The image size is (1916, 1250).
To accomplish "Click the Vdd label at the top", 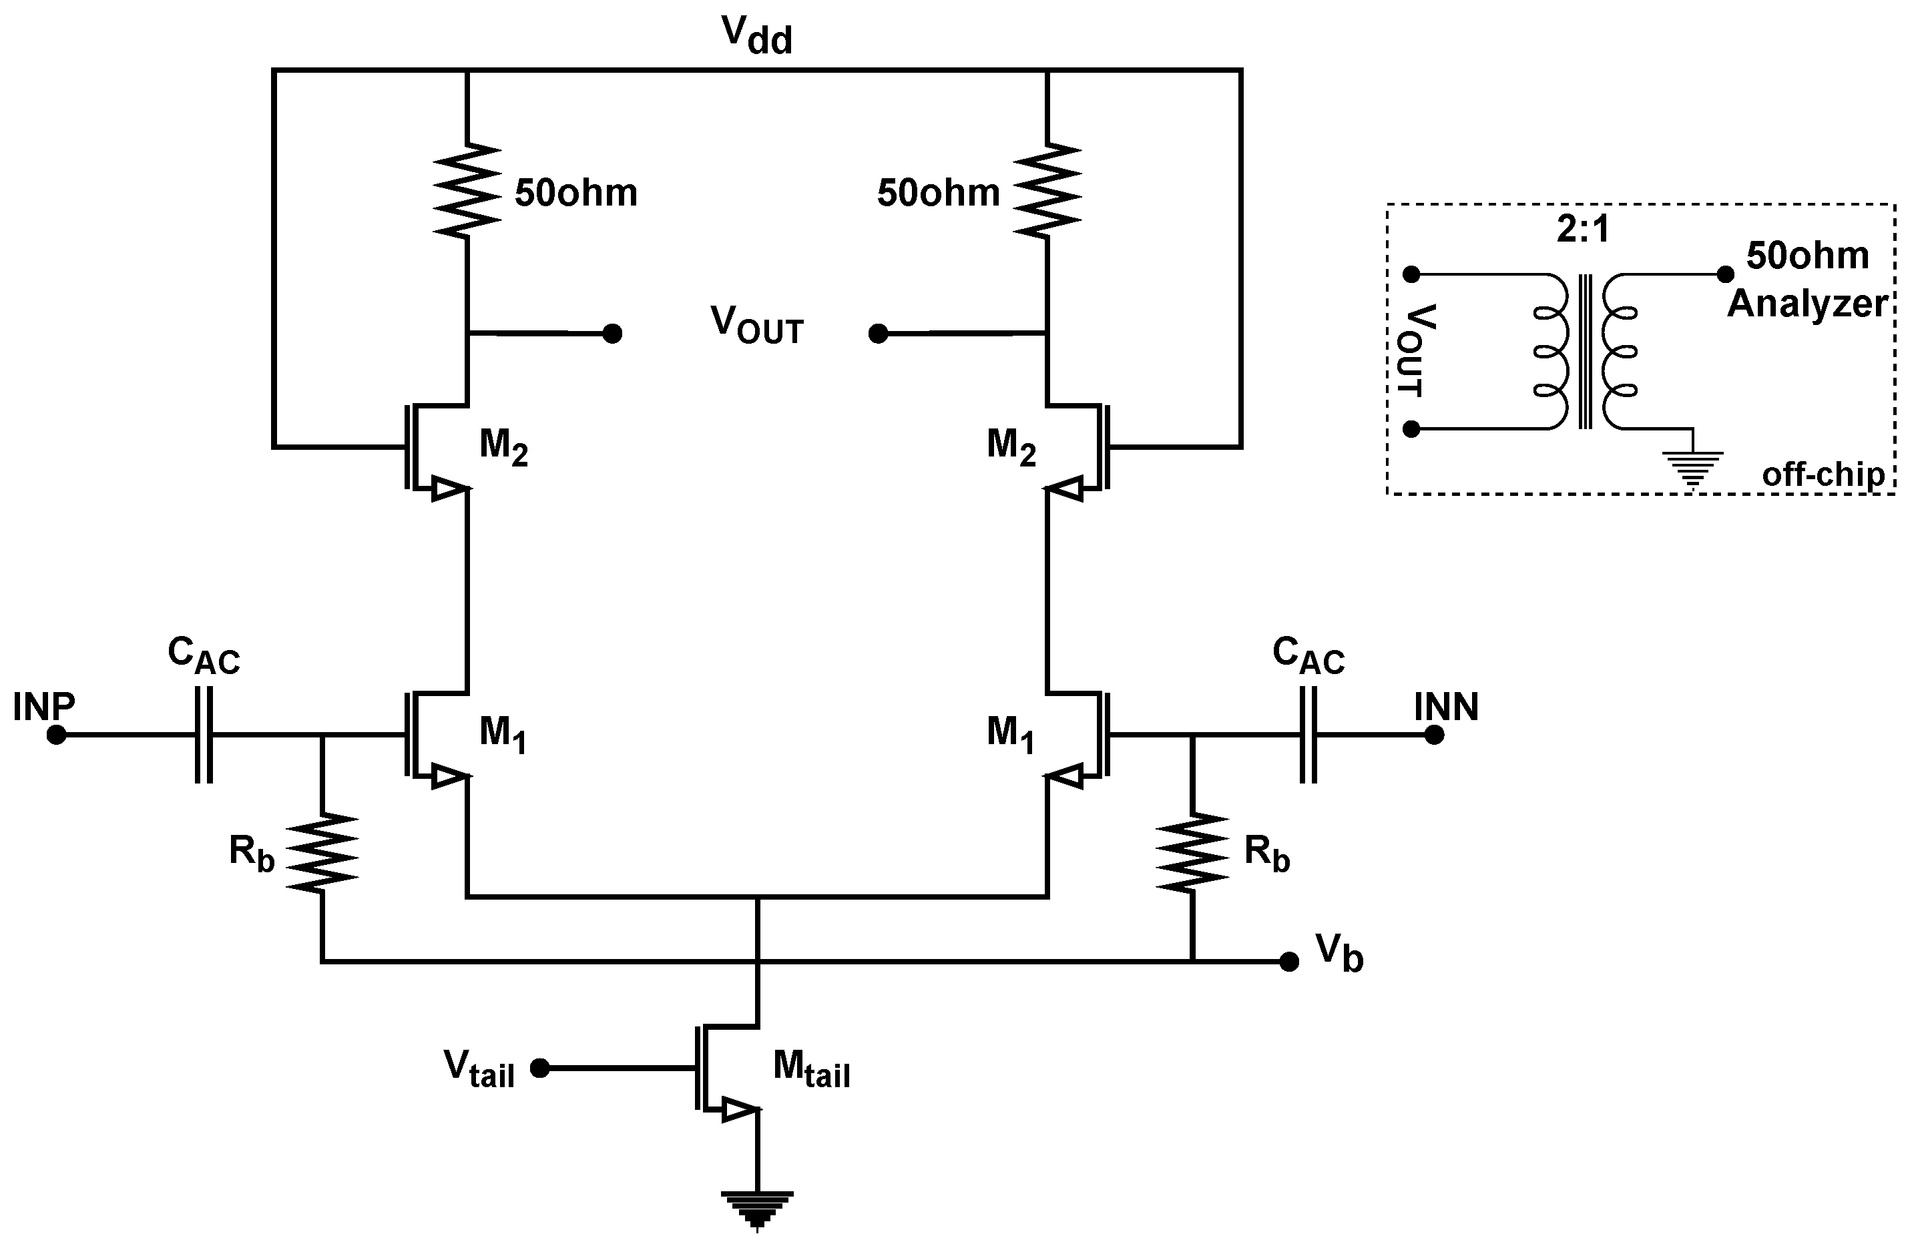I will [x=757, y=36].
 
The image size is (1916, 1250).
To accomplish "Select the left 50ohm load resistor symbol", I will [x=467, y=191].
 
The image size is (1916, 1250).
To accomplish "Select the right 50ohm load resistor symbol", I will [x=1047, y=191].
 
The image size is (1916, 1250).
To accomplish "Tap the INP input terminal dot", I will [x=55, y=735].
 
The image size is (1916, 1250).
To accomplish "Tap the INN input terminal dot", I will [x=1434, y=735].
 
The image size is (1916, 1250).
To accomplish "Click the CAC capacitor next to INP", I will [x=204, y=735].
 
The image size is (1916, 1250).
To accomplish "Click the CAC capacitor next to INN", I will [x=1308, y=735].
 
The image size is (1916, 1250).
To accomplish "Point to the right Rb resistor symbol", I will [x=1192, y=852].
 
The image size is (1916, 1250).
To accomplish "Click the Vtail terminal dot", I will [x=540, y=1068].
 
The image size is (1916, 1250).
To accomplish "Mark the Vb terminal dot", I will [x=1289, y=962].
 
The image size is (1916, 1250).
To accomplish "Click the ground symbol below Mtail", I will [x=757, y=1210].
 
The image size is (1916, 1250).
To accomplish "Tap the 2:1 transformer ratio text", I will [x=1582, y=230].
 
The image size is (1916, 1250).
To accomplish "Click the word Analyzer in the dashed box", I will [x=1807, y=304].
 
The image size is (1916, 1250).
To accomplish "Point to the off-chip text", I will [x=1823, y=475].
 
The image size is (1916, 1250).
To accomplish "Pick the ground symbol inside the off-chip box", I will [x=1693, y=468].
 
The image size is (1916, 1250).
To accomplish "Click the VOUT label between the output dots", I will [x=757, y=326].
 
